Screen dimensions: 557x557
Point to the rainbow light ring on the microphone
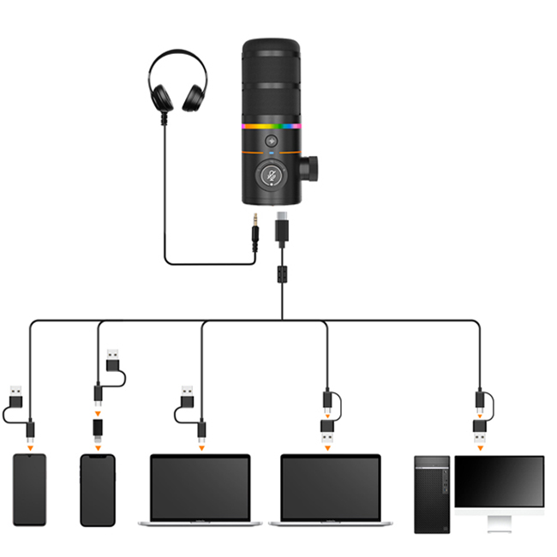272,126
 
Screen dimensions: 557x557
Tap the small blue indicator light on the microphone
272,157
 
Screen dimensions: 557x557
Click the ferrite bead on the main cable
281,276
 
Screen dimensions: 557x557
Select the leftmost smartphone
30,489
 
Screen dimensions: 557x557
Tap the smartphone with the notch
97,489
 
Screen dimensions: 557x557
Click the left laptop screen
200,486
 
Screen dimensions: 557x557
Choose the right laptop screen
331,486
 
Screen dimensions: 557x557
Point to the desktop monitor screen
499,481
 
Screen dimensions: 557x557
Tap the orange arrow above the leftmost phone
30,446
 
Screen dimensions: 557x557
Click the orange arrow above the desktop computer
480,446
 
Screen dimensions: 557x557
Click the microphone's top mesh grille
272,77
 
